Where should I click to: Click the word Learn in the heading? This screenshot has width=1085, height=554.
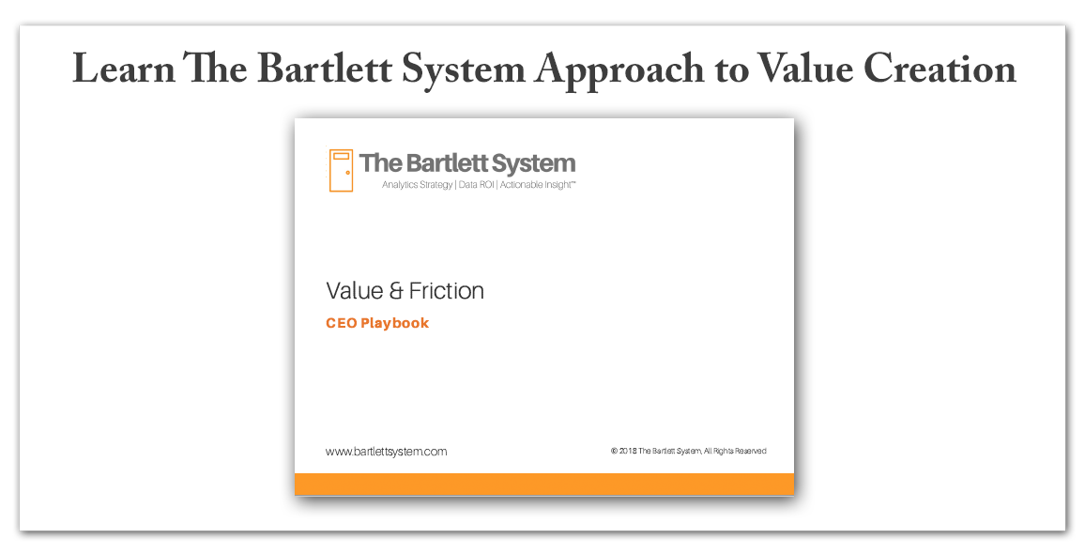pos(124,69)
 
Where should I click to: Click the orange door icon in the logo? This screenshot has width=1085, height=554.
pos(341,170)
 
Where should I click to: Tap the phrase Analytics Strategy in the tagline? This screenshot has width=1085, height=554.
pos(418,185)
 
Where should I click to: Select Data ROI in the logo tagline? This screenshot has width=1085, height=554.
pos(476,185)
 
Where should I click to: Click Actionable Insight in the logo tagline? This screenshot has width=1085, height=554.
pos(537,185)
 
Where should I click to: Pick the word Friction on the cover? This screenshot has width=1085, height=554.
pos(447,291)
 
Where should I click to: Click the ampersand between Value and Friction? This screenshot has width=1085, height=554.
pos(396,291)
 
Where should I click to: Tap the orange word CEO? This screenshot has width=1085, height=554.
pos(341,323)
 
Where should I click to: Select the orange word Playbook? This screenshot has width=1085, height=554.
pos(394,324)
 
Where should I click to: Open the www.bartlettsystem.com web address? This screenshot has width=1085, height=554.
pos(386,452)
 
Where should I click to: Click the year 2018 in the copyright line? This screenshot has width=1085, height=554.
pos(628,451)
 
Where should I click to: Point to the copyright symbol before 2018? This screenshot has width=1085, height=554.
pos(614,451)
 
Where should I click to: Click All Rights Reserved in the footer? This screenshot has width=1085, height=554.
pos(735,451)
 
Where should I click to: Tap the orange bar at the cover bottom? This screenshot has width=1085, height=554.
pos(544,485)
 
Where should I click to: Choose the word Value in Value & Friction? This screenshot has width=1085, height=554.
pos(355,291)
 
